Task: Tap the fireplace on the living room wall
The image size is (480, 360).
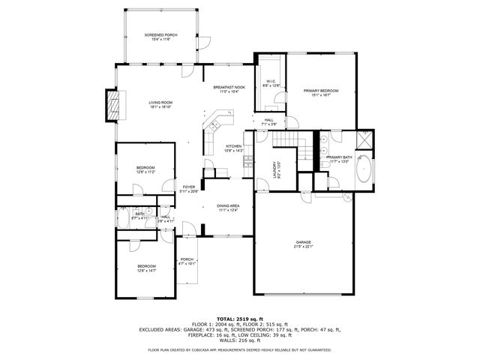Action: click(112, 105)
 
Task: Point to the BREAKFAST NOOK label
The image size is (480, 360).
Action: click(229, 87)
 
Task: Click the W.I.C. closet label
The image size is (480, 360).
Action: click(271, 82)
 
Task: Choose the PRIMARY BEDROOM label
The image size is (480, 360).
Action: click(321, 91)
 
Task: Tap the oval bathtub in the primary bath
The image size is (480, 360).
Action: click(364, 170)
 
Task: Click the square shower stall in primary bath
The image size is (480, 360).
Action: click(365, 139)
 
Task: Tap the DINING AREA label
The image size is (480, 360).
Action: click(228, 205)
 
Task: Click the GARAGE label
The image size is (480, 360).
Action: click(303, 242)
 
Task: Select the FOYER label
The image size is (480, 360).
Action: click(188, 187)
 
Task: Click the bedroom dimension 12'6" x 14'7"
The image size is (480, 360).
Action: click(146, 271)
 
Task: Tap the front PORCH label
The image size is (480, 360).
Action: click(187, 259)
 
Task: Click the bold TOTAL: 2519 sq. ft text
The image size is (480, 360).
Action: click(240, 319)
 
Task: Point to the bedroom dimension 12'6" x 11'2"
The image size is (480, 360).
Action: click(145, 172)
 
